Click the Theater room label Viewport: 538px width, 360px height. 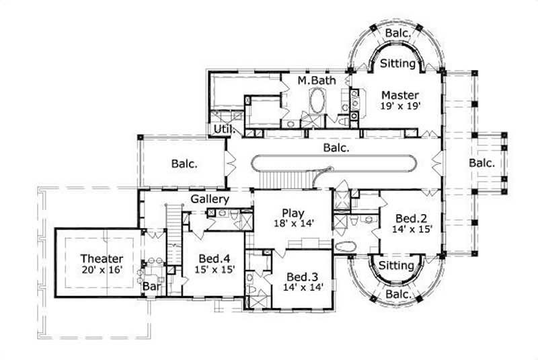point(102,258)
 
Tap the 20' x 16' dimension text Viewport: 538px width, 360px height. point(102,271)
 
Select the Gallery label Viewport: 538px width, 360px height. point(210,199)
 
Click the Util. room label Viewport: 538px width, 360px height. point(223,129)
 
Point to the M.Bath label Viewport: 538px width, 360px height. point(313,81)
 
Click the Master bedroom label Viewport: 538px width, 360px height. point(401,95)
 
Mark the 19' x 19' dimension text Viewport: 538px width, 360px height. point(401,106)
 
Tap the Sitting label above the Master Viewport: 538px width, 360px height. point(397,64)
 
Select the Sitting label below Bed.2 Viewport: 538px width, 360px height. point(396,266)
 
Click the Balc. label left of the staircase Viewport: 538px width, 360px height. point(184,163)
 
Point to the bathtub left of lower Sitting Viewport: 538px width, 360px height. point(345,246)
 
